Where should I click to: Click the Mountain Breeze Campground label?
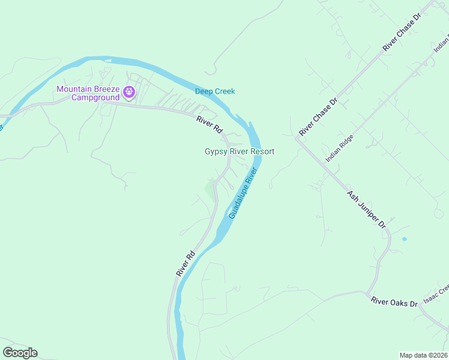point(87,93)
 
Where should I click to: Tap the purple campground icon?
point(128,92)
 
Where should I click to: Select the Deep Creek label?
point(215,91)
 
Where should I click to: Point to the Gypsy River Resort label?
point(240,152)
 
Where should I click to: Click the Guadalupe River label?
point(243,193)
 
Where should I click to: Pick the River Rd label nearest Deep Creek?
point(209,125)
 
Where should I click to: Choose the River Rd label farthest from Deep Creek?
point(186,263)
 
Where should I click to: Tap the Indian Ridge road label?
point(340,149)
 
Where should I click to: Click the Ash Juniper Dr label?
point(366,209)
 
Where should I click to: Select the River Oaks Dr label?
point(394,302)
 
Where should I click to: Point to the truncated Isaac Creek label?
point(436,292)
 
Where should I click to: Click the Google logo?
point(20,353)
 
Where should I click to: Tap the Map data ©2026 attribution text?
point(424,355)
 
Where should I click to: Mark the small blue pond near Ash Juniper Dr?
point(404,239)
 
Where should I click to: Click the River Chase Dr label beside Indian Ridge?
point(319,117)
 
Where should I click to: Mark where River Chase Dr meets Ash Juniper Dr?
point(297,139)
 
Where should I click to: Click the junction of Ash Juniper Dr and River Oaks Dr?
point(366,293)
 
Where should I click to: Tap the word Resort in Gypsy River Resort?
point(262,152)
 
